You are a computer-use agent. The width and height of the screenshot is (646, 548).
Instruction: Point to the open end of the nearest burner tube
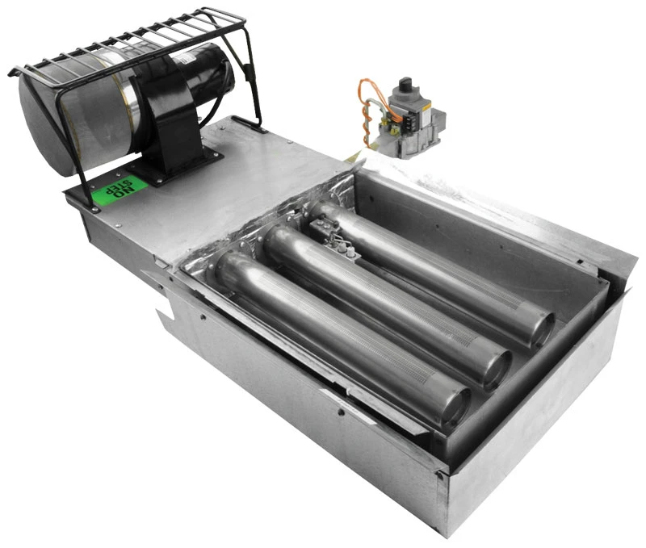pyautogui.click(x=455, y=408)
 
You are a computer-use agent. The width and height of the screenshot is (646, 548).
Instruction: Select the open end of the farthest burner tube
pyautogui.click(x=542, y=330)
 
